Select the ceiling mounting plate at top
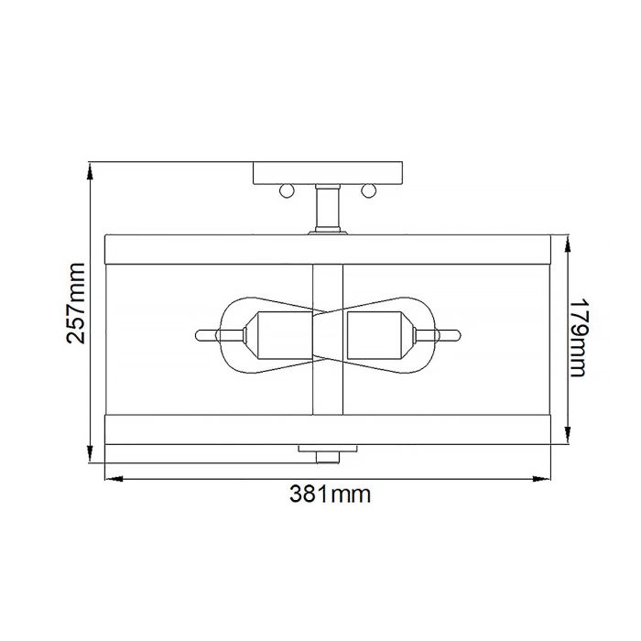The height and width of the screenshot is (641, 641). tap(328, 173)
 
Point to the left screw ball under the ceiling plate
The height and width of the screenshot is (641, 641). tap(285, 190)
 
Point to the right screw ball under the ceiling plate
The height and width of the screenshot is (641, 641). tap(370, 190)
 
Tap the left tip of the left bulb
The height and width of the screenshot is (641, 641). tap(201, 333)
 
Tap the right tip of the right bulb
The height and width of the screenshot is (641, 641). tap(455, 333)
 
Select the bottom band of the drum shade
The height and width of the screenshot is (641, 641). tap(328, 429)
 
